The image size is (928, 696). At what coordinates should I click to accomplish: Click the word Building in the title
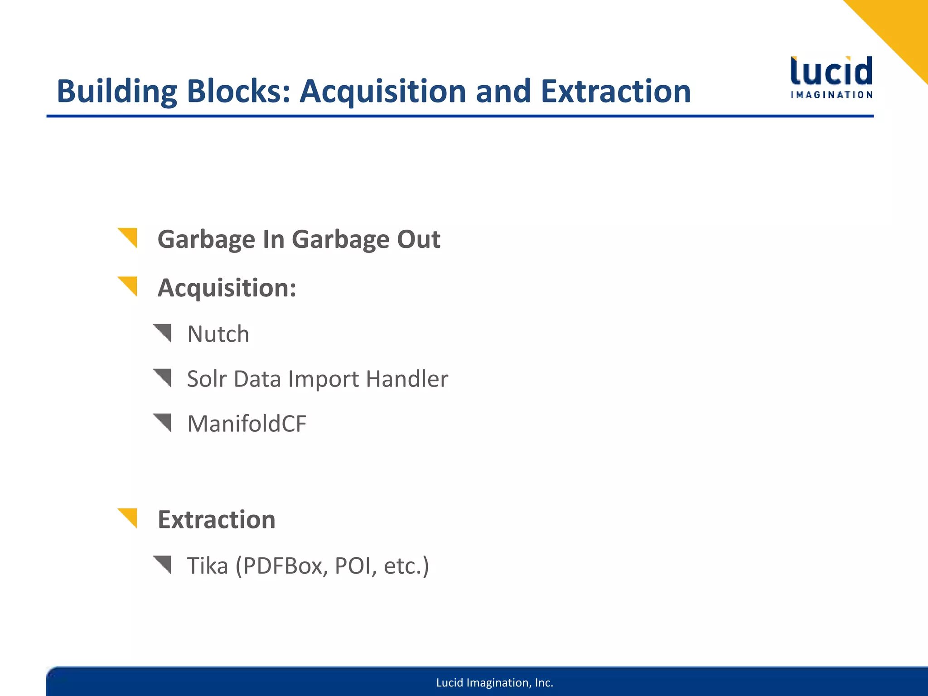116,92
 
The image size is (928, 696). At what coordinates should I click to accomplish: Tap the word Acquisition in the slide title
383,92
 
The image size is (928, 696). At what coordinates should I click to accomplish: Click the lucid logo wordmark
831,72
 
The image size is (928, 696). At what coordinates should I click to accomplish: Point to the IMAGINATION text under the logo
831,95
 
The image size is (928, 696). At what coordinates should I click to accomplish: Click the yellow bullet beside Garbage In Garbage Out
128,237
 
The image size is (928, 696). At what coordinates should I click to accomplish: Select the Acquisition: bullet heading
227,288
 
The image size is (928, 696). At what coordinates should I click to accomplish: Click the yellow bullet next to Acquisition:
128,285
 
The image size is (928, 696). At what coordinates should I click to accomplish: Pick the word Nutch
218,334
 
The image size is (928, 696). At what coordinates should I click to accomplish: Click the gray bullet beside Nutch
163,333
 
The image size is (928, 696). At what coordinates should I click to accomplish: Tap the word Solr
206,379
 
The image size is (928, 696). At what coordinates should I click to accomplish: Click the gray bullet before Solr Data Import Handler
163,377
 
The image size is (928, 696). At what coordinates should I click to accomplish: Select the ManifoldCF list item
246,424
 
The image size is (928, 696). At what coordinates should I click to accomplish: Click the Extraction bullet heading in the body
216,519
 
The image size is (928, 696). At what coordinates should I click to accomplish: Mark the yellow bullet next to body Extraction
128,517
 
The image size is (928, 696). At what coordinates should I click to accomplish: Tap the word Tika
207,565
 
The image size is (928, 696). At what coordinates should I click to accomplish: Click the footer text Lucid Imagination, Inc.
494,682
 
